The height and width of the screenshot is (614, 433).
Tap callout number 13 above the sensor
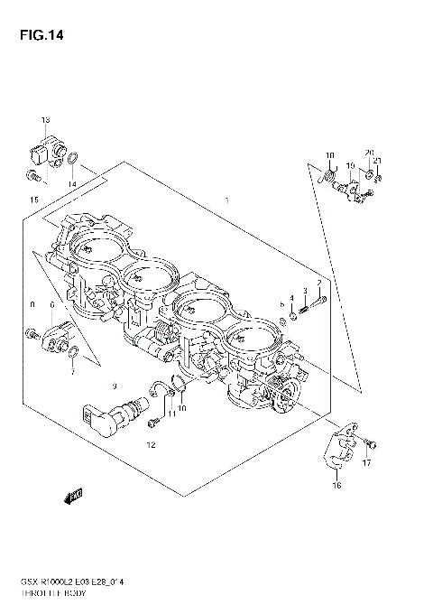coord(44,120)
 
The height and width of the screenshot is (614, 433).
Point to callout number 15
coord(34,199)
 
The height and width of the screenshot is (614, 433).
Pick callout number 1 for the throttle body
coord(227,200)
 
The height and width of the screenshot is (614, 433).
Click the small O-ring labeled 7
coord(74,350)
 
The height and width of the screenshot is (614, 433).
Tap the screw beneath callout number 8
coord(33,335)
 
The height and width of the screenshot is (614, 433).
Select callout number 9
coord(115,386)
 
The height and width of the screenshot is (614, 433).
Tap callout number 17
coord(366,464)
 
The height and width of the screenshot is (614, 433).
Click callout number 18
coord(330,155)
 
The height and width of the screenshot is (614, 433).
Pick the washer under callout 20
coord(370,172)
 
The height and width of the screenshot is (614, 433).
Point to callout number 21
coord(379,162)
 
